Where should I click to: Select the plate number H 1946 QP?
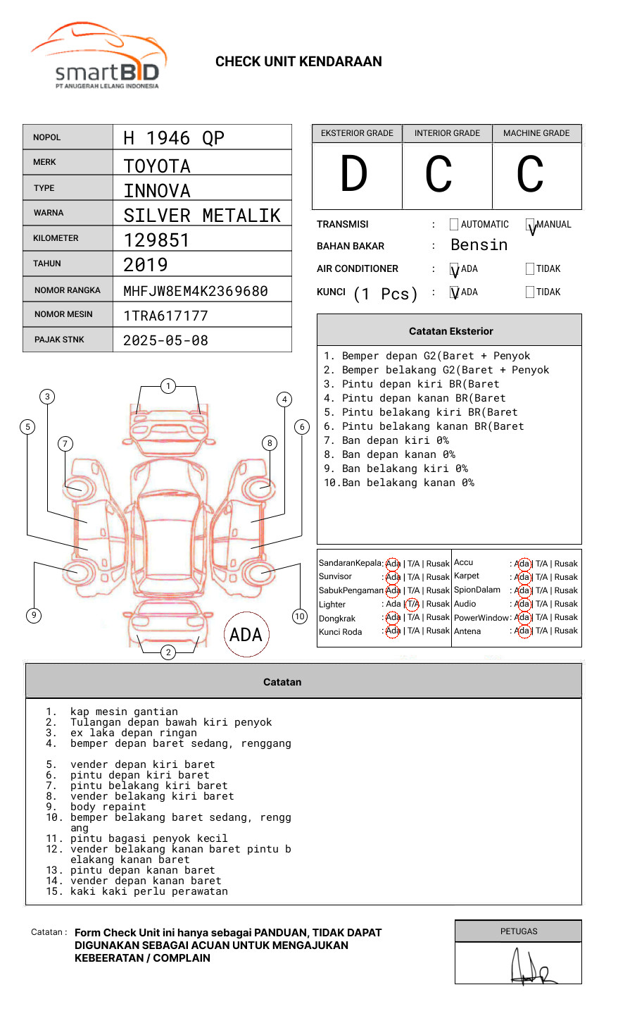tap(173, 138)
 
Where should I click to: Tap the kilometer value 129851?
tap(156, 240)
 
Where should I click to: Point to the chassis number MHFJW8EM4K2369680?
tap(195, 291)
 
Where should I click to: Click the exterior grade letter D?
tap(354, 175)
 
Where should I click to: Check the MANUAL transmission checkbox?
tap(530, 225)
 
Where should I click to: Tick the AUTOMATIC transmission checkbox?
tap(454, 225)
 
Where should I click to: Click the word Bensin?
tap(479, 245)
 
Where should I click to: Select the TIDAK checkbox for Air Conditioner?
tap(530, 268)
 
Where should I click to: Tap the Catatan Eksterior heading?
tap(450, 331)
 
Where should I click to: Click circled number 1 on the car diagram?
tap(168, 386)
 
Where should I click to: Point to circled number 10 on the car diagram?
tap(300, 616)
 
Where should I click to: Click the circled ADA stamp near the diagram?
tap(246, 635)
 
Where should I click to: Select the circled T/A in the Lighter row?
tap(412, 604)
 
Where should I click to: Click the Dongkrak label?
tap(337, 619)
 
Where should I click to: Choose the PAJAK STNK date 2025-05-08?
tap(165, 341)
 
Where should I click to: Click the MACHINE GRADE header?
tap(536, 133)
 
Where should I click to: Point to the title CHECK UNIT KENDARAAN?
tap(298, 62)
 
